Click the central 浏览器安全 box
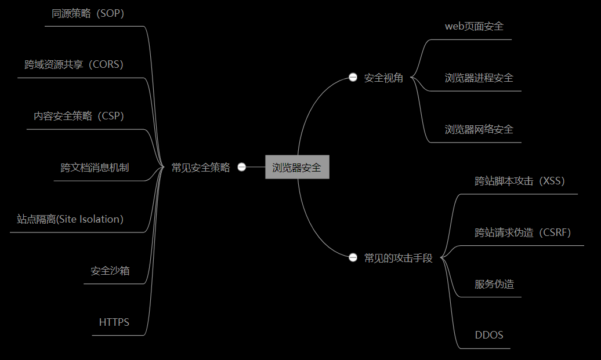pyautogui.click(x=297, y=168)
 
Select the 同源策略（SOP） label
pyautogui.click(x=88, y=14)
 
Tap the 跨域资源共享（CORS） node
pyautogui.click(x=74, y=64)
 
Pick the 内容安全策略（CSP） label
pyautogui.click(x=79, y=116)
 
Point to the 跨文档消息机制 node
pyautogui.click(x=95, y=168)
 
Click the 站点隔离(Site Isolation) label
pyautogui.click(x=70, y=219)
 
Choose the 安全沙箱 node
pyautogui.click(x=110, y=270)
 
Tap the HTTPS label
pyautogui.click(x=114, y=322)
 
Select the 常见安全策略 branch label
pyautogui.click(x=201, y=168)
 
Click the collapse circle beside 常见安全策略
pyautogui.click(x=242, y=167)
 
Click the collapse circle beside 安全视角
pyautogui.click(x=353, y=78)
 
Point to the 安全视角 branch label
pyautogui.click(x=383, y=78)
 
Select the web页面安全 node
pyautogui.click(x=474, y=26)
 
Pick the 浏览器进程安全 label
pyautogui.click(x=479, y=78)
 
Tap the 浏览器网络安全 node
pyautogui.click(x=479, y=129)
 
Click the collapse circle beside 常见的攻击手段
pyautogui.click(x=353, y=257)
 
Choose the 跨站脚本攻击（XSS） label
pyautogui.click(x=520, y=181)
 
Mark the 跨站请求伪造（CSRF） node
pyautogui.click(x=523, y=232)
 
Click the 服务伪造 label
pyautogui.click(x=494, y=284)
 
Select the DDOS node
pyautogui.click(x=489, y=335)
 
